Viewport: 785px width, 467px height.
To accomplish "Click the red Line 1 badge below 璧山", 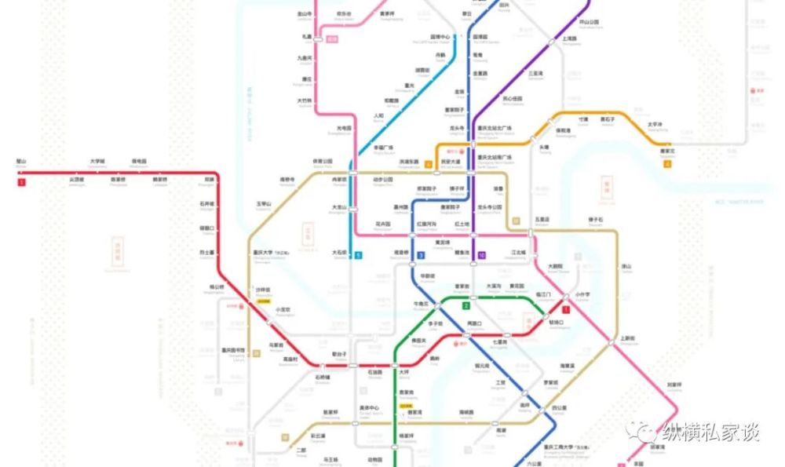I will pyautogui.click(x=21, y=183).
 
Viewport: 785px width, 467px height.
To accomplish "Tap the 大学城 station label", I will pyautogui.click(x=97, y=162).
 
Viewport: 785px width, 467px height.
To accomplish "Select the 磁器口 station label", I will pyautogui.click(x=206, y=228).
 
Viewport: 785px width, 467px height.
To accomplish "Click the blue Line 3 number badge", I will pyautogui.click(x=421, y=256).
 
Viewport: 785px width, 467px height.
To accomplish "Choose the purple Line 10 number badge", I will pyautogui.click(x=481, y=255).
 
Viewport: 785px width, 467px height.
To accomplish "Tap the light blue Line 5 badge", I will pyautogui.click(x=358, y=255).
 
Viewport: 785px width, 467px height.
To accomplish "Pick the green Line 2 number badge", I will pyautogui.click(x=466, y=305).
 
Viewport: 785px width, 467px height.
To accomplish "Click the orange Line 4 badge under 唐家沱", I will pyautogui.click(x=667, y=164).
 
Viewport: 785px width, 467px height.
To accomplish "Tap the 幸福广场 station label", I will pyautogui.click(x=384, y=148).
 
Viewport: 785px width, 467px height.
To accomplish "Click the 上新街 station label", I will pyautogui.click(x=627, y=339).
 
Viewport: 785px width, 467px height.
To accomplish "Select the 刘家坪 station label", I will pyautogui.click(x=674, y=385).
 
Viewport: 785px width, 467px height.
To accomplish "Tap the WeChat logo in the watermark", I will pyautogui.click(x=644, y=431).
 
